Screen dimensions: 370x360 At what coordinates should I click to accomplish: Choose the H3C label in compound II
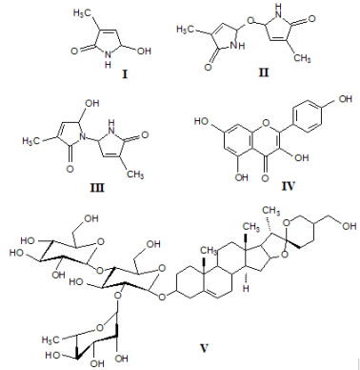click(x=190, y=31)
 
